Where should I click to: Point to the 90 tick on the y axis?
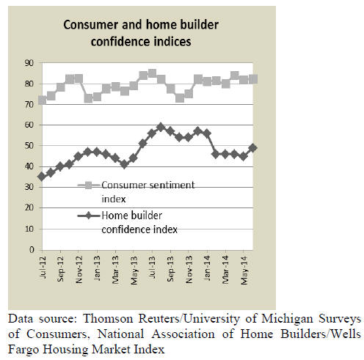click(x=29, y=63)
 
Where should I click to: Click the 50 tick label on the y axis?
click(x=29, y=146)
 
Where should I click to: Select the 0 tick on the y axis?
click(x=32, y=250)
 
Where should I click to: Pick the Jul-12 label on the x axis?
click(x=43, y=266)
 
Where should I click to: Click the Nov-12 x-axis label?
click(x=79, y=270)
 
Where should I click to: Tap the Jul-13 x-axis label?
click(x=152, y=266)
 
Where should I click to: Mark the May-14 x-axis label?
click(x=244, y=270)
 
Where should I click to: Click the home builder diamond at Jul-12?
click(x=42, y=177)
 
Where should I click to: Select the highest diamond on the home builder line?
click(x=161, y=127)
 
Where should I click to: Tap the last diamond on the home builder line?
click(x=252, y=148)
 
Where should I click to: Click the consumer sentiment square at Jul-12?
click(x=42, y=100)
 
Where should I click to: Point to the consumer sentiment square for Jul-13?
click(x=152, y=73)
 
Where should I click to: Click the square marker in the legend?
click(x=89, y=185)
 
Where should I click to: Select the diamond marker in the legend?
click(x=89, y=216)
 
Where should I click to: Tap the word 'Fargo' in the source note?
click(x=23, y=350)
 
